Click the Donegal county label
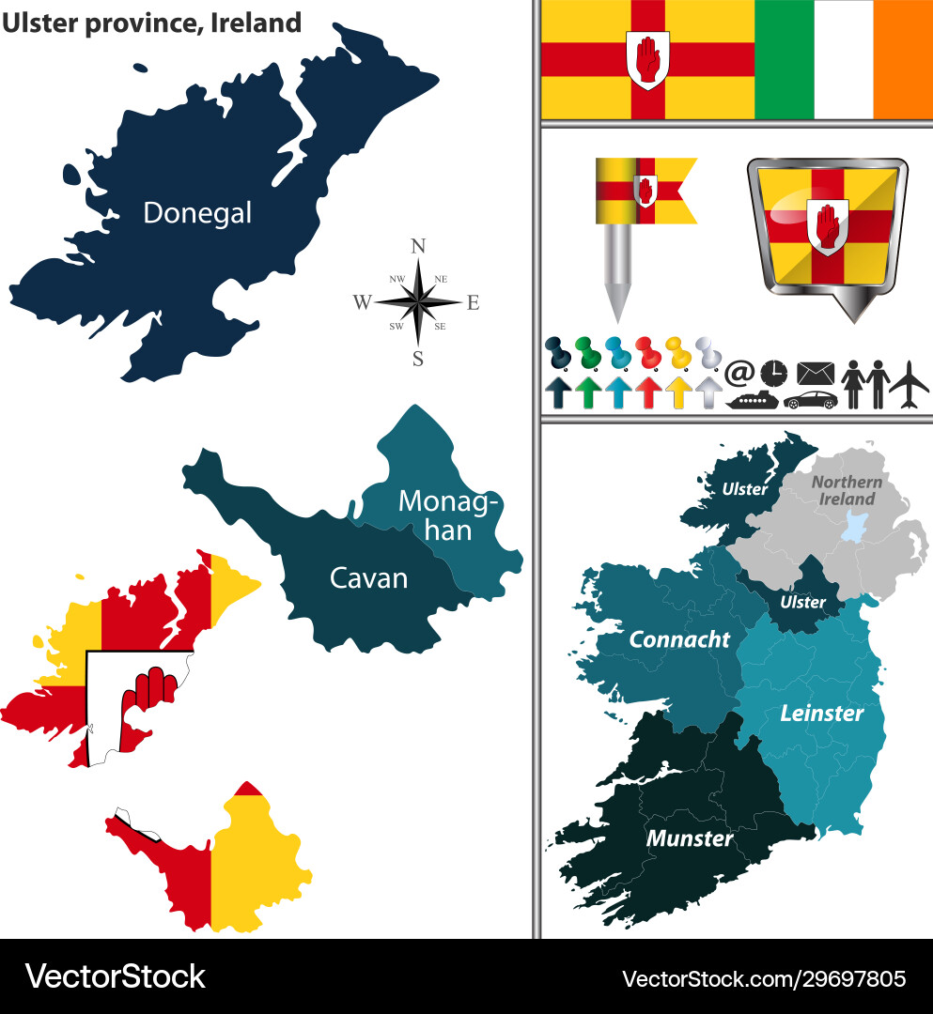pos(197,213)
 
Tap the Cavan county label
pos(368,577)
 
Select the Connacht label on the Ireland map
pos(679,639)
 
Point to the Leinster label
pos(821,713)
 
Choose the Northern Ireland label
pos(847,490)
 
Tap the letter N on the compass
pos(419,247)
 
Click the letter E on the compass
pos(474,302)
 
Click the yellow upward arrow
pos(678,392)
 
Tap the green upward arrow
pos(588,392)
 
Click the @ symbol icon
pos(739,373)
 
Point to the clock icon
pos(774,373)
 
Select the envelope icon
pos(815,373)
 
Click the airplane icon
pos(909,384)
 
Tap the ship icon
pos(753,400)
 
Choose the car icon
pos(810,400)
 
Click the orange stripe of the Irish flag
pos(902,59)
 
